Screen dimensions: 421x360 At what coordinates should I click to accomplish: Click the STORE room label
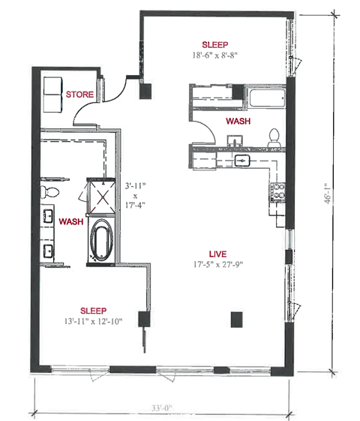(x=79, y=95)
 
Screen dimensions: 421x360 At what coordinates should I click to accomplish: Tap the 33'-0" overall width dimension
(x=160, y=409)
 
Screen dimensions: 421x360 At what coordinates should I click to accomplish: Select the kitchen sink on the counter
(x=241, y=160)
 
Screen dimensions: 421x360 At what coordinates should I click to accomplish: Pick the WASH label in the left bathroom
(x=70, y=221)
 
